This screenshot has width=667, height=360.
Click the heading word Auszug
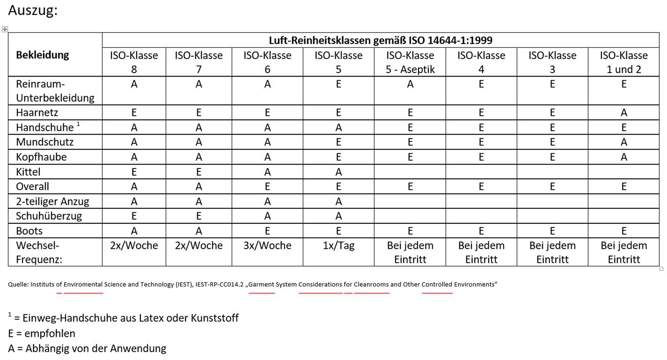[32, 10]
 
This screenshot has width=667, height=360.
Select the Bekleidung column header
[42, 55]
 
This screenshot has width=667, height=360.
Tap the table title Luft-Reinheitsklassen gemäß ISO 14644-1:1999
[380, 40]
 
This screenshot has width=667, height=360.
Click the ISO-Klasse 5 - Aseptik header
[410, 62]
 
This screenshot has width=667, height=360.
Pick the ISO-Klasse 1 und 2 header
[623, 62]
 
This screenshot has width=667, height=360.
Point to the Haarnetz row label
[34, 112]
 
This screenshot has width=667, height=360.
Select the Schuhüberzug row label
[49, 216]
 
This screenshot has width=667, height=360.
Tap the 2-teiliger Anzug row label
[52, 201]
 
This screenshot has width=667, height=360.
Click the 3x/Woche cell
[267, 246]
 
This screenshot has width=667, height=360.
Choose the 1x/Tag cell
[338, 246]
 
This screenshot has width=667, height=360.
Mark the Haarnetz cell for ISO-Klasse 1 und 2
[623, 112]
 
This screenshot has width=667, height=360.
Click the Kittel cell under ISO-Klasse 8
[134, 172]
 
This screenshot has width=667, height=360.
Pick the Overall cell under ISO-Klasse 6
[267, 186]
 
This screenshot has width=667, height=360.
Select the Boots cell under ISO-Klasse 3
[552, 231]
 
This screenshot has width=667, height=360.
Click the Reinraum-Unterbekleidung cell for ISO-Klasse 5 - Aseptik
[410, 84]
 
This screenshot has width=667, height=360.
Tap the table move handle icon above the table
[5, 29]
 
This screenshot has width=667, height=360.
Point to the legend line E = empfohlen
[42, 333]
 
